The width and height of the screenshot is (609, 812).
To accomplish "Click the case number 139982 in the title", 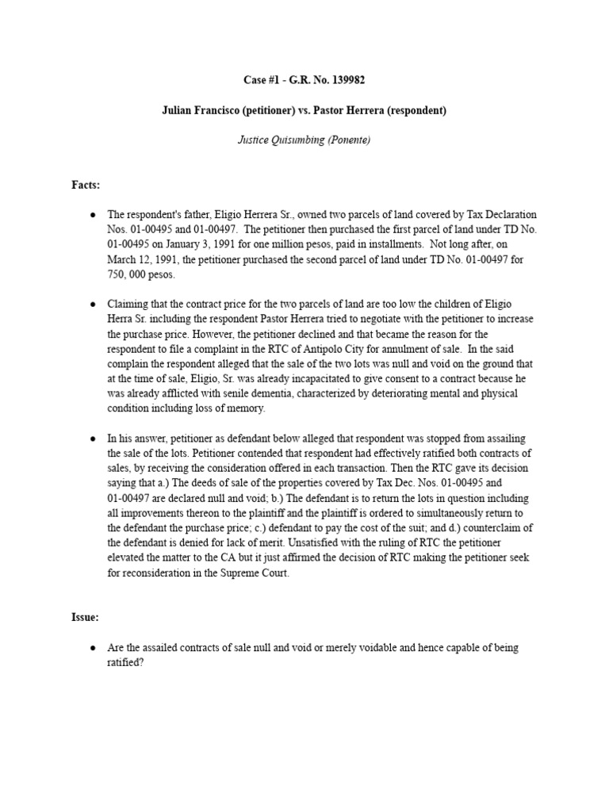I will [x=347, y=81].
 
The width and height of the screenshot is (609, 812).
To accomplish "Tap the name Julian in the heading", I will [x=178, y=110].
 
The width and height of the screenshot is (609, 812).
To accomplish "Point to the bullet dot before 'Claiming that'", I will [x=94, y=304].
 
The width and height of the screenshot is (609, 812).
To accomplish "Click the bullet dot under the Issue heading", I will [x=94, y=648].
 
